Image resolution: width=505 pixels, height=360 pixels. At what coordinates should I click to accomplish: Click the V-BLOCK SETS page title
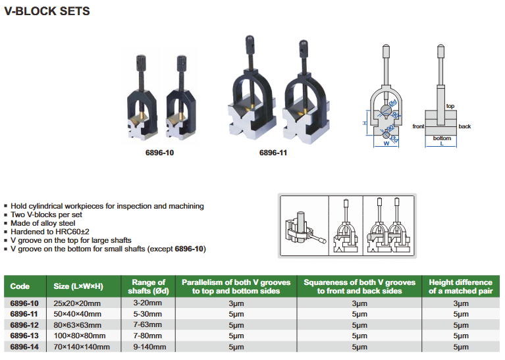[x=47, y=11]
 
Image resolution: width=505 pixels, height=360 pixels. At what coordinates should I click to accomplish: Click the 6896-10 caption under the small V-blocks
[x=159, y=153]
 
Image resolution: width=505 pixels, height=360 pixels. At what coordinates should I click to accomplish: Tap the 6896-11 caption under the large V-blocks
[x=273, y=153]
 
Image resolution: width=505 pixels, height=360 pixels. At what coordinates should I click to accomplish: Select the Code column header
[x=20, y=286]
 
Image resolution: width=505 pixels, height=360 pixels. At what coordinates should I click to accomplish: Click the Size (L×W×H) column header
[x=78, y=286]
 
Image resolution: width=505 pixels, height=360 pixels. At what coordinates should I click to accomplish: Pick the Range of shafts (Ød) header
[x=149, y=286]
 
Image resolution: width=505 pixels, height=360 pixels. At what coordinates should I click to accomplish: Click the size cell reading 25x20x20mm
[x=77, y=303]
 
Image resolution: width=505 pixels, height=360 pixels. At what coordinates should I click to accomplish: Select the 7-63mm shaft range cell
[x=147, y=324]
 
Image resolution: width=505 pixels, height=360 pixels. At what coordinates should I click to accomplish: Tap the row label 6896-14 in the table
[x=24, y=347]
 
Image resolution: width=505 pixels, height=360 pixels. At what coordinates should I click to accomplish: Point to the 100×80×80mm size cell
[x=80, y=336]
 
